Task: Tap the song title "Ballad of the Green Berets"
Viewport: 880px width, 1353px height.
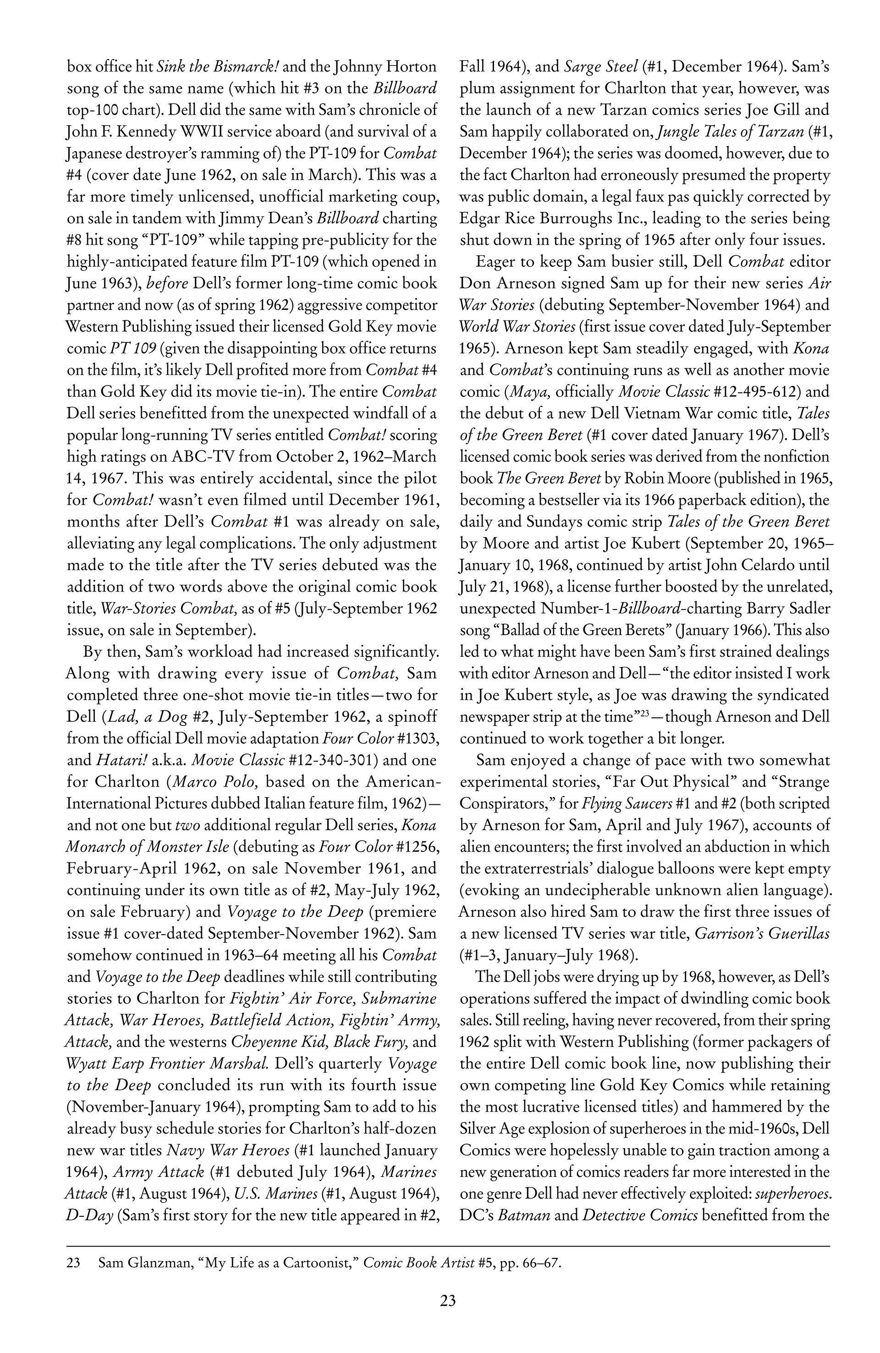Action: (583, 630)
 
